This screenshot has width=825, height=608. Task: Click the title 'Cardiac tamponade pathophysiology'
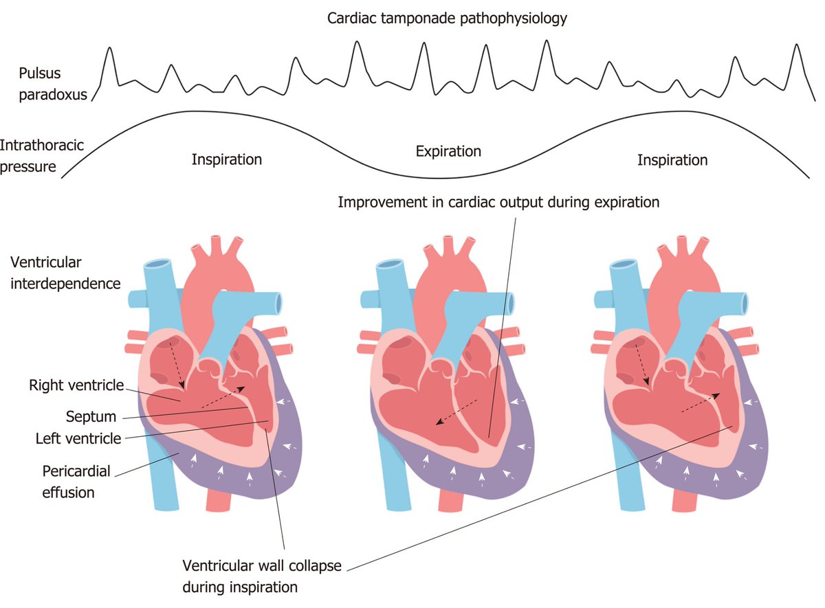point(447,19)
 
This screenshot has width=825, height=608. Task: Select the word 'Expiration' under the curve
point(448,151)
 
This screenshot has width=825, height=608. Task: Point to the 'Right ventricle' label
point(76,385)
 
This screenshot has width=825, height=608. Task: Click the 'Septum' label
point(91,416)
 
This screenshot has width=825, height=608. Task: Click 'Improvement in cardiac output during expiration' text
point(498,203)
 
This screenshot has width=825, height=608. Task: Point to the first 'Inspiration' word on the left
point(227,160)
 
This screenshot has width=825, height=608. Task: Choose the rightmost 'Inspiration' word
point(672,160)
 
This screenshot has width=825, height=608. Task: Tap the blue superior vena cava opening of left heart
point(159,264)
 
